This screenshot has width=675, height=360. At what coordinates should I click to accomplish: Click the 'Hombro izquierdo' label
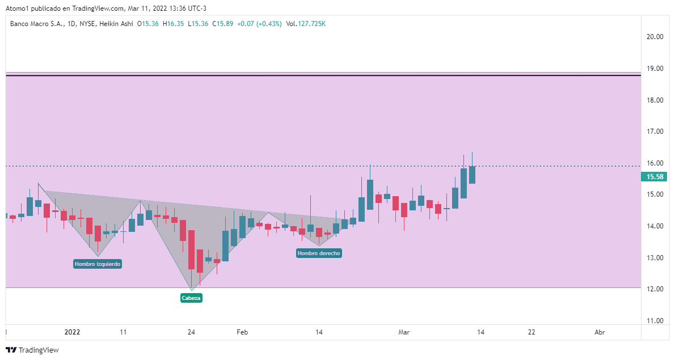98,264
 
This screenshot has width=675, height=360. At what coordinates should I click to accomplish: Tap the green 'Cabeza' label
191,298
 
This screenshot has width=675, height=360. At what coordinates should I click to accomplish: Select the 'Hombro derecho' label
319,253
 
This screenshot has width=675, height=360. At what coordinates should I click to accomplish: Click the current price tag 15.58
653,177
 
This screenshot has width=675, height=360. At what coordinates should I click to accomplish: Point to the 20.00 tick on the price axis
655,37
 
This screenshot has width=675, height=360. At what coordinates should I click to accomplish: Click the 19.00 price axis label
655,69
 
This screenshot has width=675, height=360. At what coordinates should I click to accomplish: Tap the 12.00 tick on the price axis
655,289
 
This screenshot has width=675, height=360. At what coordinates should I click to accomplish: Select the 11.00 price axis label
655,321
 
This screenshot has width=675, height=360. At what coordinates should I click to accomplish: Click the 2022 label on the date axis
73,332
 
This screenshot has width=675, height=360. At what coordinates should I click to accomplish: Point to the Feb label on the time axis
242,332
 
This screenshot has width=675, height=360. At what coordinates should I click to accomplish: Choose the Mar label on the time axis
403,332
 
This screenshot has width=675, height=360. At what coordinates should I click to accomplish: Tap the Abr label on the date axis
599,332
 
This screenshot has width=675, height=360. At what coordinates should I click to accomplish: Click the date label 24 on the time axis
191,332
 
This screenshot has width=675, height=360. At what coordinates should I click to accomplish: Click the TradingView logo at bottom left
33,350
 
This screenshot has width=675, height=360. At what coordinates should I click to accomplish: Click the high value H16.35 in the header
173,24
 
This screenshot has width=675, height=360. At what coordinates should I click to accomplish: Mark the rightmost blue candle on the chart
472,175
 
